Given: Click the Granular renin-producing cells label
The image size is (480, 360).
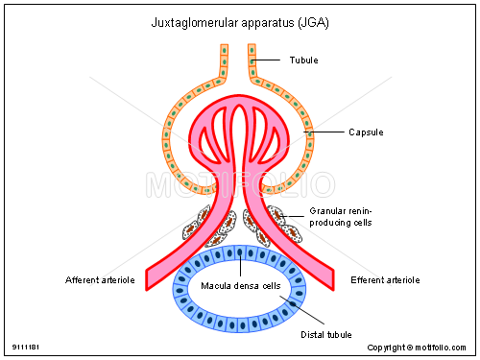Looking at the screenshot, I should [341, 216].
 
